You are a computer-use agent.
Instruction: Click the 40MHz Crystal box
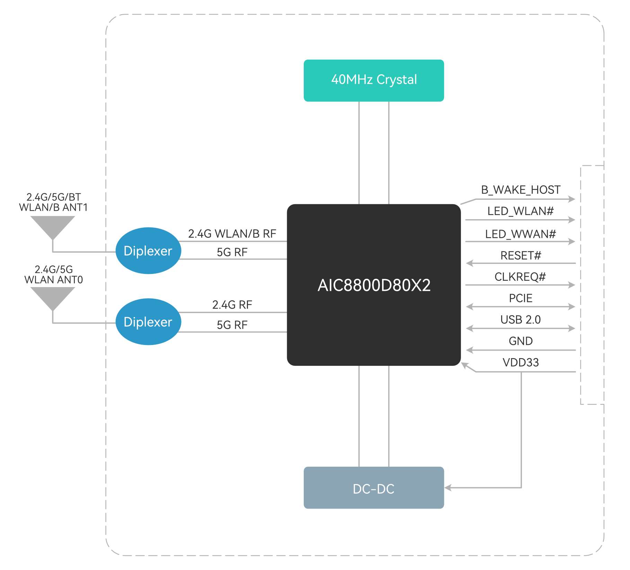click(x=373, y=80)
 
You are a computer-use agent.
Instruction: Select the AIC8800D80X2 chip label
click(x=374, y=285)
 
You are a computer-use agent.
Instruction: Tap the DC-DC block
click(x=373, y=488)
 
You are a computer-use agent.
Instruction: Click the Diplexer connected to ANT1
click(x=148, y=251)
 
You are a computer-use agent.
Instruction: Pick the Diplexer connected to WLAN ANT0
click(x=148, y=322)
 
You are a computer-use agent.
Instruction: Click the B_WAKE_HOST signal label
click(x=521, y=190)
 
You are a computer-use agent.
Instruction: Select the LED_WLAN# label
click(x=521, y=211)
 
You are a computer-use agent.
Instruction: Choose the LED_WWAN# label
click(x=521, y=234)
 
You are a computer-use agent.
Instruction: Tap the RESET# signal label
click(x=521, y=256)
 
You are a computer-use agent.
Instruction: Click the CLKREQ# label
click(x=520, y=277)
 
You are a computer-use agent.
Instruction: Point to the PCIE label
click(x=521, y=299)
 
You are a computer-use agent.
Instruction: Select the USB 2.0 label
click(x=521, y=320)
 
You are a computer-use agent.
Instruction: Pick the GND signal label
click(x=521, y=341)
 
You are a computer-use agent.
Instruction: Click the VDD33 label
click(x=521, y=363)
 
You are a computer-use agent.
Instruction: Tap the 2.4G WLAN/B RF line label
click(x=232, y=234)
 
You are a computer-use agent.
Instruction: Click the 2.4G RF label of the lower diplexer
click(x=232, y=305)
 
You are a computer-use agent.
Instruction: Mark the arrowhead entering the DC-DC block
click(x=448, y=488)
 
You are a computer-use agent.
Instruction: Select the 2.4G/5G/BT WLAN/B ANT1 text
click(x=53, y=202)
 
